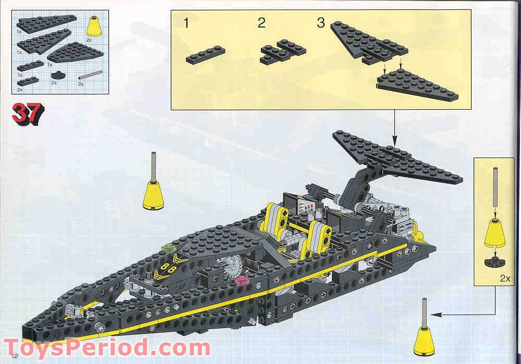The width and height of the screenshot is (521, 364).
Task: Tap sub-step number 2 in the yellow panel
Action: tap(261, 23)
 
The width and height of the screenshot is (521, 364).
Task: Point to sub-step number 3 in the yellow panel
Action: tap(321, 23)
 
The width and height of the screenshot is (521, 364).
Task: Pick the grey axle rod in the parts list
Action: tap(88, 76)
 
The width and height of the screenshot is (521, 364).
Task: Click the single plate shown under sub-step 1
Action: tap(206, 54)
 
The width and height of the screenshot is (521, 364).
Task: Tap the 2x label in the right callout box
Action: tap(504, 279)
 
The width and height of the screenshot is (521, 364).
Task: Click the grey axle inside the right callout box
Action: tap(494, 191)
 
